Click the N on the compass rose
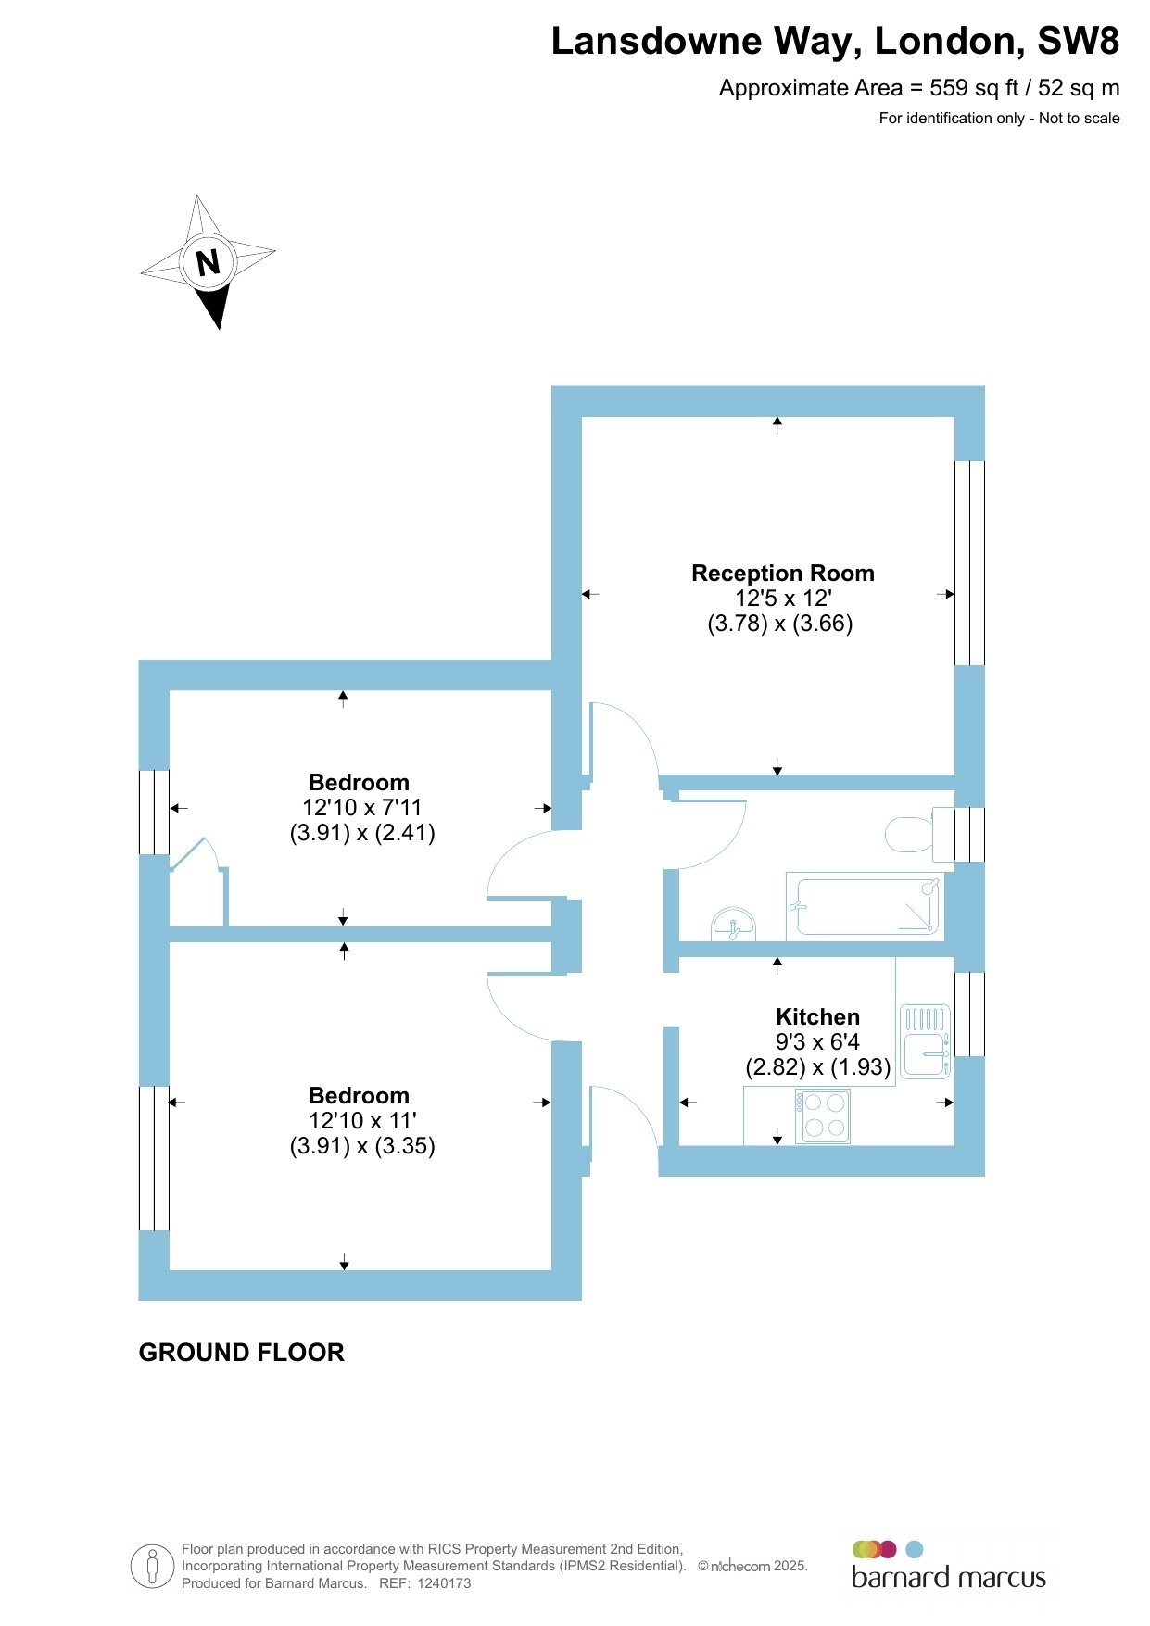click(x=209, y=262)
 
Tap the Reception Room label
click(x=783, y=574)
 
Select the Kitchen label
click(x=818, y=1016)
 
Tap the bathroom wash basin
click(x=733, y=925)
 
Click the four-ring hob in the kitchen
click(x=822, y=1116)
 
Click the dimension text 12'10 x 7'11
click(x=361, y=808)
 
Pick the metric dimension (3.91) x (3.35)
click(x=362, y=1146)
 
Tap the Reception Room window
click(x=969, y=562)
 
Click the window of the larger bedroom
click(x=154, y=1158)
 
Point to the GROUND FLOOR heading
click(x=241, y=1353)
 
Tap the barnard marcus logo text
click(x=948, y=1578)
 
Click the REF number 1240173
click(x=444, y=1583)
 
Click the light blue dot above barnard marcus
click(x=915, y=1549)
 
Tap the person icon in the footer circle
click(x=153, y=1566)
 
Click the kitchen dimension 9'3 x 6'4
click(x=817, y=1042)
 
